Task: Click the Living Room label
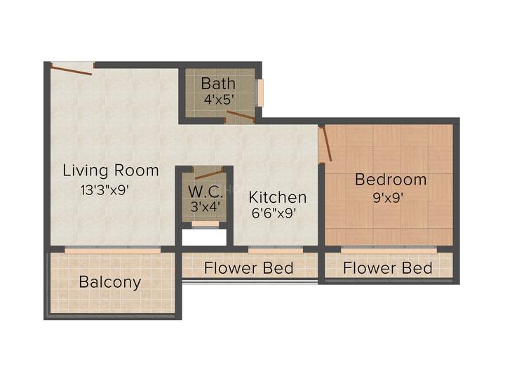coord(111,170)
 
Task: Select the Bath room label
coord(218,84)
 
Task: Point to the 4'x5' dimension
coord(218,99)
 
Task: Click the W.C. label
coord(206,192)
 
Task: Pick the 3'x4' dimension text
coord(206,206)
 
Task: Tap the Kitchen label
coord(278,197)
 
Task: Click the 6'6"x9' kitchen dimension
coord(274,213)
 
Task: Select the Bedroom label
coord(391,180)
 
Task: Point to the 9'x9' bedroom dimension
coord(388,198)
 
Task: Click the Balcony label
coord(110,283)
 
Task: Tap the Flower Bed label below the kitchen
coord(248,268)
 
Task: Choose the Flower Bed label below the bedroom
coord(388,268)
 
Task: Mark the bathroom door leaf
coord(241,116)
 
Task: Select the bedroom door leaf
coord(326,143)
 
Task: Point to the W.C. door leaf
coord(209,173)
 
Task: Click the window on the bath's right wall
coord(260,93)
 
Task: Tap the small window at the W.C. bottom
coord(205,225)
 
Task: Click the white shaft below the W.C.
coord(204,237)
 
